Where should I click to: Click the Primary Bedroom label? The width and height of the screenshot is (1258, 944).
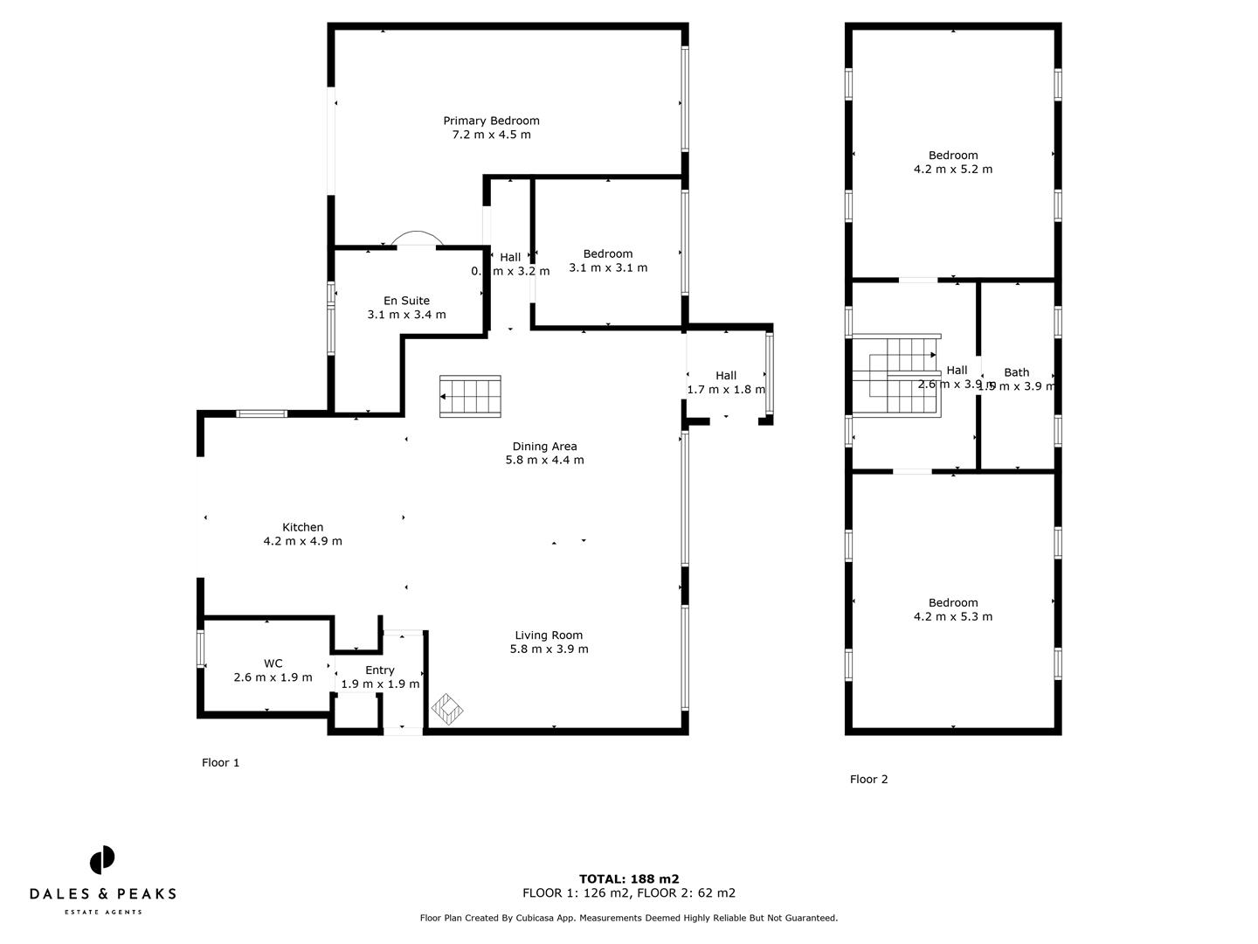491,121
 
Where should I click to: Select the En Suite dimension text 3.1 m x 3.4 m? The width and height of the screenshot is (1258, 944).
406,315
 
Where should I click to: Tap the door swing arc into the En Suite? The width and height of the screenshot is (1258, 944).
417,238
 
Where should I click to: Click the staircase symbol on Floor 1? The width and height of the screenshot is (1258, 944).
470,396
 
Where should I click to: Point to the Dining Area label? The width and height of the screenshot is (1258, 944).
544,446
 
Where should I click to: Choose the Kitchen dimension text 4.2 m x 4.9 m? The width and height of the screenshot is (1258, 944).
302,541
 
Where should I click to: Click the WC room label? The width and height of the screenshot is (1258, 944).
273,663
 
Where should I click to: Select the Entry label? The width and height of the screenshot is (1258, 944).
380,670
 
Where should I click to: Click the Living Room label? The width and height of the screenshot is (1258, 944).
549,635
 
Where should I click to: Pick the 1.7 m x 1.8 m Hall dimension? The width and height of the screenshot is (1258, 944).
726,390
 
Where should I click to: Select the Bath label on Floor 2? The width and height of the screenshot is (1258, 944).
1016,372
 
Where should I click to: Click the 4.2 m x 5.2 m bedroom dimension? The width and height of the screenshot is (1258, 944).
953,170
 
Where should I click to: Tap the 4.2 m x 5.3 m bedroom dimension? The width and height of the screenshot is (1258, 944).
953,617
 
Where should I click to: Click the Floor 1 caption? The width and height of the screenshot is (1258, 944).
220,763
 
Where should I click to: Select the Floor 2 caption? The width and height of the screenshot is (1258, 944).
868,780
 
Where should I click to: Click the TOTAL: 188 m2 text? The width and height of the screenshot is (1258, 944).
629,879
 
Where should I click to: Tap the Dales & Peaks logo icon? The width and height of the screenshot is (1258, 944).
102,860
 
